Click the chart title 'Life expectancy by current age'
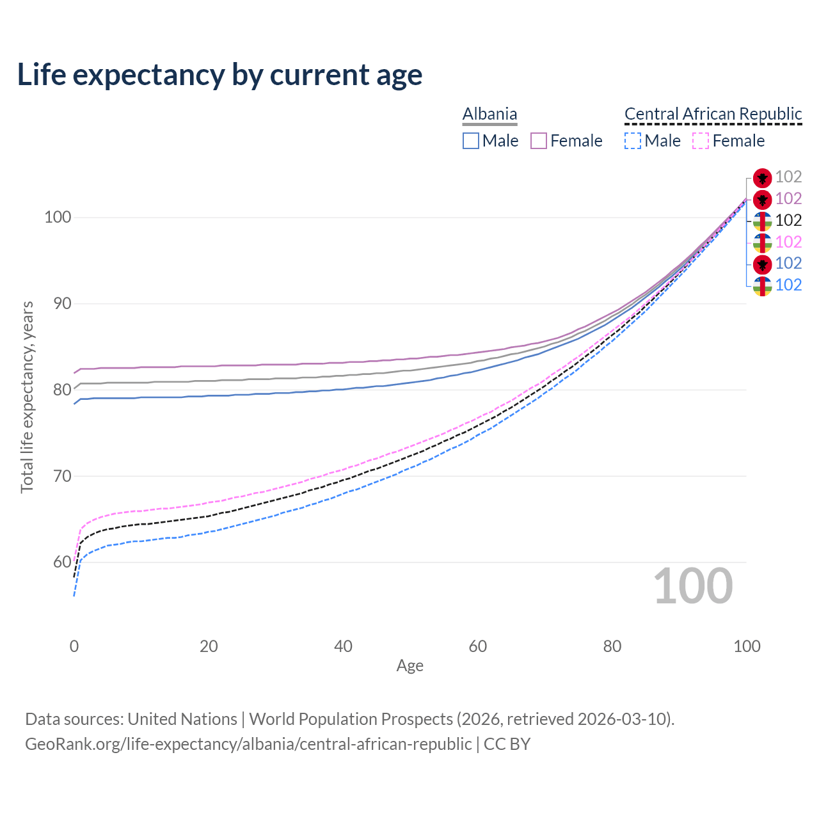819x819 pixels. pos(219,75)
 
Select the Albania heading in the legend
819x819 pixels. pos(489,114)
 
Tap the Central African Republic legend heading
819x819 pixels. pos(713,114)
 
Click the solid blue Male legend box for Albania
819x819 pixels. pos(471,141)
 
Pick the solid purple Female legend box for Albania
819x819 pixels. pos(539,141)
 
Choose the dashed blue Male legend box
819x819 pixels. pos(633,141)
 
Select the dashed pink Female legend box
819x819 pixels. pos(701,141)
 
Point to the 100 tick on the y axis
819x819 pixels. pos(57,218)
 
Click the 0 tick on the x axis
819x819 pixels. pos(74,646)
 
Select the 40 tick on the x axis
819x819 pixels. pos(344,646)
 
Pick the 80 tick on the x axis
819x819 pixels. pos(612,646)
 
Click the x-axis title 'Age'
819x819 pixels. pos(410,666)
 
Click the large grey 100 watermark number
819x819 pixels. pos(693,586)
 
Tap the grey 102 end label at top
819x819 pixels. pos(788,177)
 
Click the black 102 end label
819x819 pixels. pos(788,220)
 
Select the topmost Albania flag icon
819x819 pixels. pos(762,177)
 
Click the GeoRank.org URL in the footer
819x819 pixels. pos(248,744)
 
